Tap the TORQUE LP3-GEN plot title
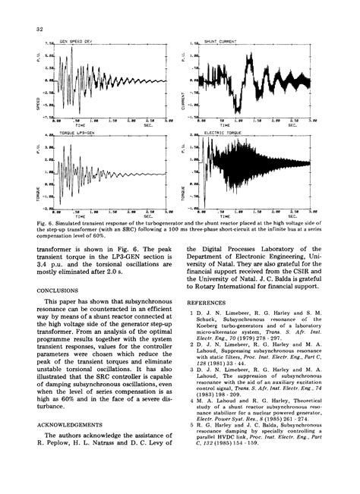click(x=77, y=134)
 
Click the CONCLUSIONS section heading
click(x=58, y=288)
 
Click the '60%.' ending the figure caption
click(x=116, y=237)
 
